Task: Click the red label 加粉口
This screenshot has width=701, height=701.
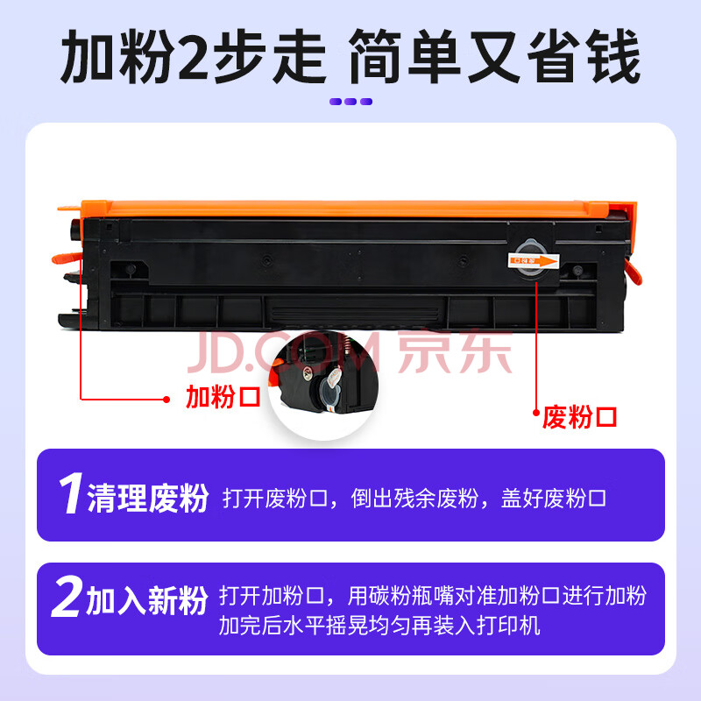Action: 223,397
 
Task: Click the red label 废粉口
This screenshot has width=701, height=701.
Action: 579,418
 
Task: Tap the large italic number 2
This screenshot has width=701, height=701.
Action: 67,597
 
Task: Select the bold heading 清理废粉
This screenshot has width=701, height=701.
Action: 148,498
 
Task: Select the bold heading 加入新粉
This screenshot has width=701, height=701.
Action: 147,600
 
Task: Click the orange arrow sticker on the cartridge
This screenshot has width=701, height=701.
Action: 534,260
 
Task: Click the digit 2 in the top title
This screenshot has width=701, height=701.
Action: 193,57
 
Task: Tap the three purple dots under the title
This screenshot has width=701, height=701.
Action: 351,102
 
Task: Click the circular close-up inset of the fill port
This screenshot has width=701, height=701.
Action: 322,385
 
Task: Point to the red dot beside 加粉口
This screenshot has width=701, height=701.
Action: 166,400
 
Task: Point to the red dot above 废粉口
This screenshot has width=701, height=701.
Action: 536,413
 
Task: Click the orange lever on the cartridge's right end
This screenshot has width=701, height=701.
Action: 634,272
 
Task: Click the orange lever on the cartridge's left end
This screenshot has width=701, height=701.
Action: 67,258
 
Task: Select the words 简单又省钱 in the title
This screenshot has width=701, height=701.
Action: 495,57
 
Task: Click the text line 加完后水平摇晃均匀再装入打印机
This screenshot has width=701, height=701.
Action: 379,625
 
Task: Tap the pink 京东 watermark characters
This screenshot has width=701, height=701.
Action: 454,352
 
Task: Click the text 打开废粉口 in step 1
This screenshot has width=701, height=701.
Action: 275,498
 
